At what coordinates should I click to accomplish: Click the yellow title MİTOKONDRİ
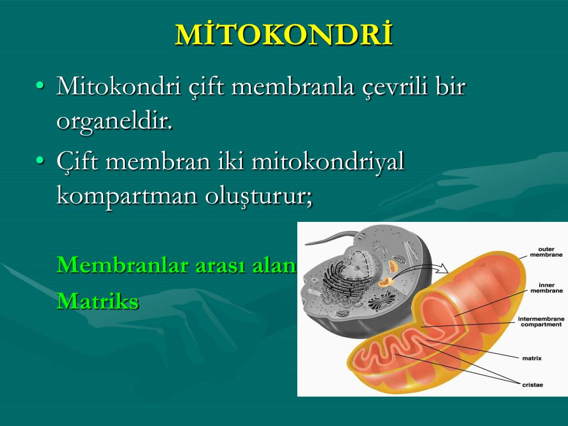click(x=284, y=34)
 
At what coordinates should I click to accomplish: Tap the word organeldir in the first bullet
click(x=114, y=121)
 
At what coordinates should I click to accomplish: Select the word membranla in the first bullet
click(x=293, y=87)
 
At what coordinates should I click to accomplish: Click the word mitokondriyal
click(x=328, y=161)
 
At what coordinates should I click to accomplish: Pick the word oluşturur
click(x=258, y=196)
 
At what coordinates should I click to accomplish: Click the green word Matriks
click(x=98, y=301)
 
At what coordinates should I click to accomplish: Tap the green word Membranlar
click(x=123, y=265)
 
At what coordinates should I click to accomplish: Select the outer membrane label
click(x=546, y=252)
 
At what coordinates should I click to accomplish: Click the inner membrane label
click(x=546, y=288)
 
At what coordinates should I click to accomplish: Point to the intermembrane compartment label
click(x=541, y=322)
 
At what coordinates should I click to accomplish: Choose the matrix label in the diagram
click(x=532, y=358)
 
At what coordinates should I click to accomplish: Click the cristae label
click(x=532, y=385)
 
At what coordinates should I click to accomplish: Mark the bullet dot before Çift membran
click(x=40, y=160)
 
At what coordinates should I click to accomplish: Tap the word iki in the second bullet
click(x=230, y=161)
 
